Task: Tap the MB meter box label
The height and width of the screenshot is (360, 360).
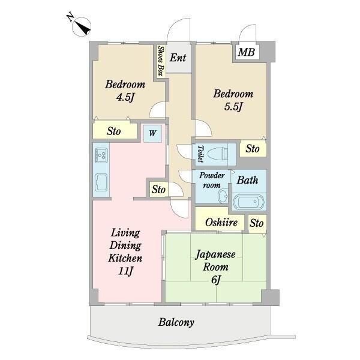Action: click(x=247, y=52)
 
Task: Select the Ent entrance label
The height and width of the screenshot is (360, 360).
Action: click(x=178, y=58)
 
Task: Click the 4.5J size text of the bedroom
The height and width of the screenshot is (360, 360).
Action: click(x=125, y=97)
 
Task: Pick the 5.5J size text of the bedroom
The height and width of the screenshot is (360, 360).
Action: click(x=233, y=107)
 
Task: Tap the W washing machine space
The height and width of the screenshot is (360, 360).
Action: click(x=152, y=133)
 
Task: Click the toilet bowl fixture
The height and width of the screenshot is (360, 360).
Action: click(x=218, y=154)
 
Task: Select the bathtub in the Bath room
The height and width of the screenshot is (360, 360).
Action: click(x=249, y=202)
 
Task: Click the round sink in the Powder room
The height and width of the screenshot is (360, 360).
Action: click(x=223, y=196)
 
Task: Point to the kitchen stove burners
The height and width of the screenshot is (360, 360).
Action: click(x=101, y=155)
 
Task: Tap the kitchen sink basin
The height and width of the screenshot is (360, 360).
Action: click(x=101, y=182)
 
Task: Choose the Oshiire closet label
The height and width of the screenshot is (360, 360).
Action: click(x=221, y=222)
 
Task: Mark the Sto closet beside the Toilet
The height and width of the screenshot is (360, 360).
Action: click(x=253, y=149)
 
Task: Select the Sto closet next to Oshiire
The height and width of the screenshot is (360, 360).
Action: click(x=257, y=223)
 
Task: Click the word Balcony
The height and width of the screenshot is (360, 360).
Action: click(x=176, y=322)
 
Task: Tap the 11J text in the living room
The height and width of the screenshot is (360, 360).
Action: click(x=125, y=271)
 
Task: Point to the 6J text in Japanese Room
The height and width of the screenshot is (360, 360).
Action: click(x=215, y=280)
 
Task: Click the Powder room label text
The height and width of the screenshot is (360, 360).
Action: click(x=212, y=180)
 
